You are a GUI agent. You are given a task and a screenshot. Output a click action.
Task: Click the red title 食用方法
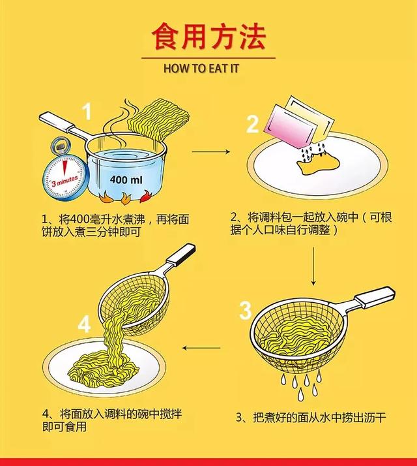[x=208, y=37]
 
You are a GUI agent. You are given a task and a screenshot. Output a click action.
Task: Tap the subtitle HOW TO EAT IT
[x=208, y=67]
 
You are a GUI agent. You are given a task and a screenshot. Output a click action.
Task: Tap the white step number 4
[x=84, y=324]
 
